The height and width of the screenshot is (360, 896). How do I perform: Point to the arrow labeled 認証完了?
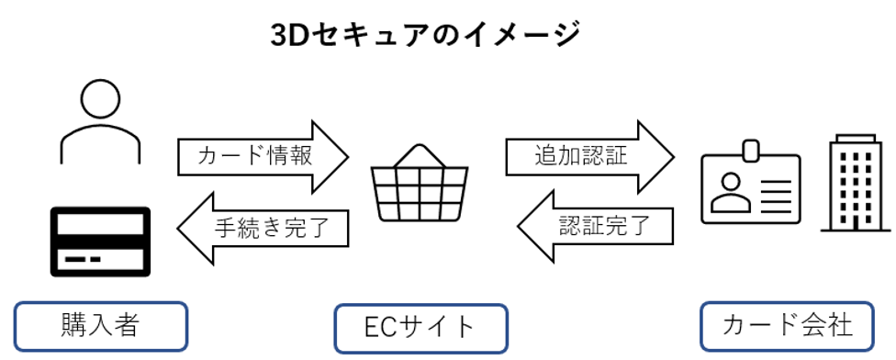point(597,223)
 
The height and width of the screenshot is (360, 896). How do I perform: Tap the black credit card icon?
point(100,242)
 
